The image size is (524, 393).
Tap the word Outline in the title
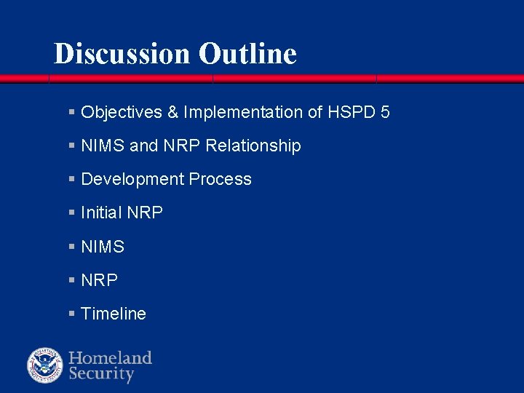point(247,53)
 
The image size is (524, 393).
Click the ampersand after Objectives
point(172,112)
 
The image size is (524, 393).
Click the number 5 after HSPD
point(385,112)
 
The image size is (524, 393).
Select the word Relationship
point(253,146)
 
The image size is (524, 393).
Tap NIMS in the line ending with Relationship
point(103,146)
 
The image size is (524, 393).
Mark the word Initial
point(101,213)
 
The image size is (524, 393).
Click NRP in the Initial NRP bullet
point(144,213)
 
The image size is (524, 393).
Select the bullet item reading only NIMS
point(103,247)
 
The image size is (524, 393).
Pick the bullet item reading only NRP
point(100,280)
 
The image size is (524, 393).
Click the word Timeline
point(114,314)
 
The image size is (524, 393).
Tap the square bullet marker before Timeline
point(71,314)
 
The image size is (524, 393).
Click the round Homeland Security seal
point(45,365)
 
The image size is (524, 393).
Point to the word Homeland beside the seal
point(110,357)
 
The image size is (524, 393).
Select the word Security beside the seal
point(101,375)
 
